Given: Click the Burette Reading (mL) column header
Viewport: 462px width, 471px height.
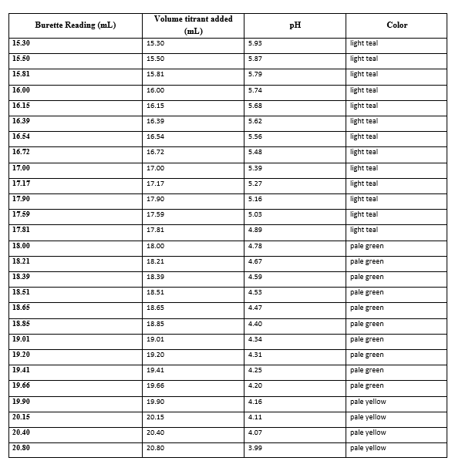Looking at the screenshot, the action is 76,25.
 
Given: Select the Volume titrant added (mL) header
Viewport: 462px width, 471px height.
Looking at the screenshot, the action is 194,25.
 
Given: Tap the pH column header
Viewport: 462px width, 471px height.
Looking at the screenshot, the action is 295,25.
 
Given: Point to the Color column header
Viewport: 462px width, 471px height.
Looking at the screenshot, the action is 397,25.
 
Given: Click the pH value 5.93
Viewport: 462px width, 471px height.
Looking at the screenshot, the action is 255,43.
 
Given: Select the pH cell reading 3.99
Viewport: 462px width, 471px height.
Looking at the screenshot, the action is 255,448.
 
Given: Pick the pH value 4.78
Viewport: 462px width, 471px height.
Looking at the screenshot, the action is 255,246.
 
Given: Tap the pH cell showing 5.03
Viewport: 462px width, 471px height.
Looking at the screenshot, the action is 255,214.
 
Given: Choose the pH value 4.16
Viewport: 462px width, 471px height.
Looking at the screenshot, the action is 255,402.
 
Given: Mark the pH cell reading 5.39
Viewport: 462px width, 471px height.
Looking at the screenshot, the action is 255,168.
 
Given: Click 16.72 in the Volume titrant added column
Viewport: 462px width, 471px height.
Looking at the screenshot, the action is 155,152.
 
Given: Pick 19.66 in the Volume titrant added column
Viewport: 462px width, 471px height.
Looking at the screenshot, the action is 155,385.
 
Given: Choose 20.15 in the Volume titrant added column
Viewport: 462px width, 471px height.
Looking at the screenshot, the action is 155,417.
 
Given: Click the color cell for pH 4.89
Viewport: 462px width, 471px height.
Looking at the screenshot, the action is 364,230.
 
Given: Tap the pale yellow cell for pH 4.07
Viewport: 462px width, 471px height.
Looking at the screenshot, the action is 368,432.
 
